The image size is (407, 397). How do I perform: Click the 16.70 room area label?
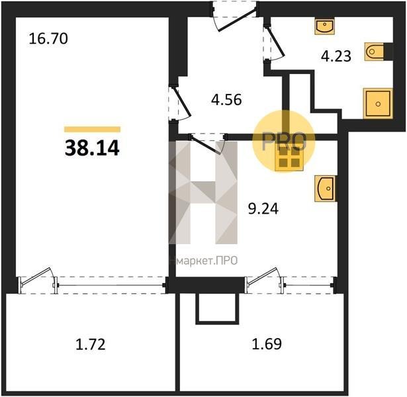coord(48,39)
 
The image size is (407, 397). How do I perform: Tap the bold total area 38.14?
coord(92,148)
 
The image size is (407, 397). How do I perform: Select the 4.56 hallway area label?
coord(226,99)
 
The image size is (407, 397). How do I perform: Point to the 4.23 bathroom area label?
coord(336,56)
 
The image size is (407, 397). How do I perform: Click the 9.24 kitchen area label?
coord(263,208)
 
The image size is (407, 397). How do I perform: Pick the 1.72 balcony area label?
coord(91,344)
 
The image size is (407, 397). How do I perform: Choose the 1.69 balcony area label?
coord(267,343)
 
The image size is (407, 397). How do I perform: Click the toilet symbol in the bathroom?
coord(374,52)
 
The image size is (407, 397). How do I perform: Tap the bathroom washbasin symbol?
coord(325,26)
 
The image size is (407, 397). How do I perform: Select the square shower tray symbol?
coord(378,103)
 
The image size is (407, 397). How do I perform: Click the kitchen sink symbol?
coord(325,189)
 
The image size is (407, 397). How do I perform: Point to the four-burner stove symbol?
coord(289,157)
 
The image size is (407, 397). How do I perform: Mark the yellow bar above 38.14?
coord(93,129)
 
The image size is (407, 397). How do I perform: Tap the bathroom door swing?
coord(274,43)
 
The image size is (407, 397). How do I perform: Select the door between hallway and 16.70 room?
coord(179,103)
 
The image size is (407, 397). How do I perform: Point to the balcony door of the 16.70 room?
coord(38,281)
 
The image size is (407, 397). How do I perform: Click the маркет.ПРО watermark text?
coord(207,261)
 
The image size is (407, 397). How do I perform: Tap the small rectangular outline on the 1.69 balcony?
coord(217,308)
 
